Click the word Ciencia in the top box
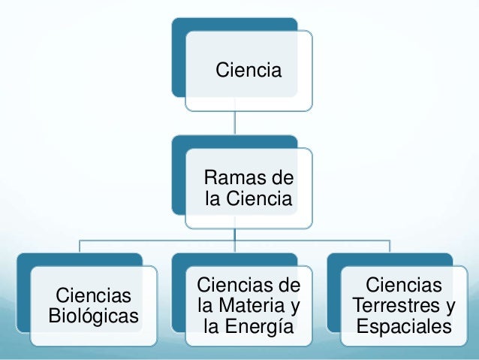pyautogui.click(x=249, y=71)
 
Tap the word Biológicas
pyautogui.click(x=93, y=316)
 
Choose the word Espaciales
pyautogui.click(x=404, y=327)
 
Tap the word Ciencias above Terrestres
pyautogui.click(x=404, y=285)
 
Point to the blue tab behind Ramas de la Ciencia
pyautogui.click(x=178, y=173)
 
